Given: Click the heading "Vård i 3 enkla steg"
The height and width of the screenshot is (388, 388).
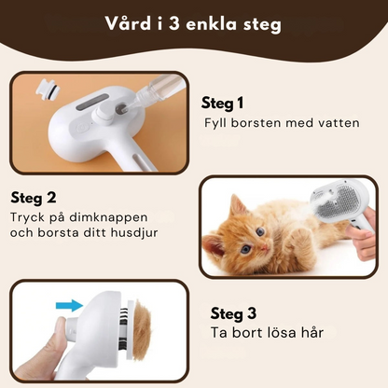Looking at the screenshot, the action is [x=193, y=24].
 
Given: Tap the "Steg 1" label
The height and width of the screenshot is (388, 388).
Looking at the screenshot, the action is [x=222, y=104].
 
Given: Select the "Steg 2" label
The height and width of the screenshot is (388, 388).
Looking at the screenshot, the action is [x=34, y=199].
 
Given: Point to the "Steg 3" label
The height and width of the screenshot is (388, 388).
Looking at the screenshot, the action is [x=233, y=313].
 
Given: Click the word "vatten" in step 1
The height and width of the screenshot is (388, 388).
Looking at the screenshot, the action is [x=339, y=123].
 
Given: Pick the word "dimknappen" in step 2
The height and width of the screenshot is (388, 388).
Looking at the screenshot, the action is [x=108, y=218].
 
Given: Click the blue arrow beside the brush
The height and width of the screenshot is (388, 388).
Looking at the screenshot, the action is [x=69, y=306].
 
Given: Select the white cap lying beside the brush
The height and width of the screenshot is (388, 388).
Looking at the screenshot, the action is [x=48, y=87].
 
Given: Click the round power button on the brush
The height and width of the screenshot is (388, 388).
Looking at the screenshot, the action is [x=82, y=127].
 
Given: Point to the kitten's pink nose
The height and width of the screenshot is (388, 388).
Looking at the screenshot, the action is [x=264, y=247].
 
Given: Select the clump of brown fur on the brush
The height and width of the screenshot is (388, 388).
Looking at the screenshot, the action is [x=142, y=324].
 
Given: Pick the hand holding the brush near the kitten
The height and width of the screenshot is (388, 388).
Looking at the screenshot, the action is [x=364, y=236].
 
